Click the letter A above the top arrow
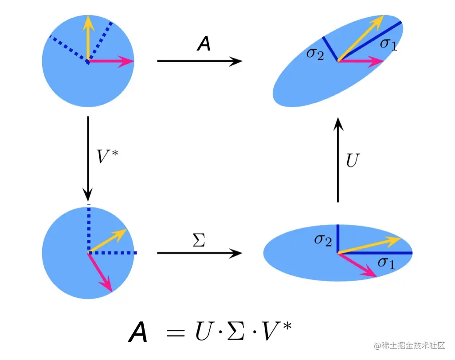coord(204,44)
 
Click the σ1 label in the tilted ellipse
coord(388,44)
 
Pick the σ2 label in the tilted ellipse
coord(315,54)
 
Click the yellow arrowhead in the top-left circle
coord(89,21)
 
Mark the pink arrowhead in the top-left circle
coord(128,62)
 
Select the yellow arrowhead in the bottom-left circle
coord(122,233)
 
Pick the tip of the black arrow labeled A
coord(241,61)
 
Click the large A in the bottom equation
coord(138,332)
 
